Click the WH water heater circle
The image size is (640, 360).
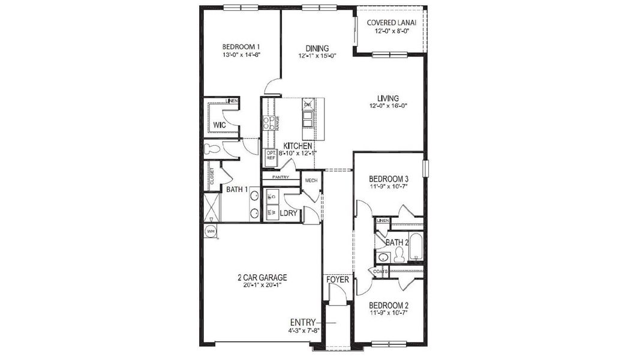211,230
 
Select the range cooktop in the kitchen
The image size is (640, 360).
267,124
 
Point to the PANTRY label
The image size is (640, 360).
280,177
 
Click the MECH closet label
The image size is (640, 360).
311,181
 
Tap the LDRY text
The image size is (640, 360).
290,212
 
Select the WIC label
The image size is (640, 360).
220,125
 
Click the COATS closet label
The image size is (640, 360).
380,271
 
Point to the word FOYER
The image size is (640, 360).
337,280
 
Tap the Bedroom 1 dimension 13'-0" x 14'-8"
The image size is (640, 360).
241,55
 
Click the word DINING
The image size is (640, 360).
317,49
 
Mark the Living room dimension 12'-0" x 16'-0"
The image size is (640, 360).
387,106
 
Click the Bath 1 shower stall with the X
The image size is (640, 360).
210,206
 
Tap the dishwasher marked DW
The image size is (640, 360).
308,105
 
